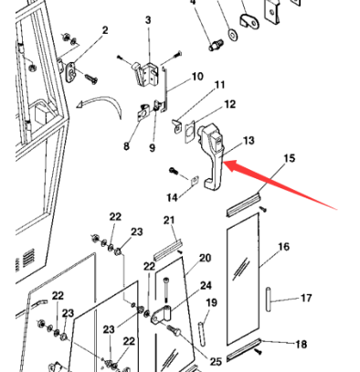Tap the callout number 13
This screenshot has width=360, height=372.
pyautogui.click(x=249, y=140)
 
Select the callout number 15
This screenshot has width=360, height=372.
pyautogui.click(x=289, y=159)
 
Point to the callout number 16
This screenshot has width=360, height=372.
pyautogui.click(x=283, y=247)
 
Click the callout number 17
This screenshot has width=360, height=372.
pyautogui.click(x=306, y=298)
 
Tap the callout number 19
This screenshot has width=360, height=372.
pyautogui.click(x=211, y=303)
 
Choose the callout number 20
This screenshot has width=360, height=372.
pyautogui.click(x=205, y=259)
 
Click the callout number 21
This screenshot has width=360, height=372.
pyautogui.click(x=169, y=219)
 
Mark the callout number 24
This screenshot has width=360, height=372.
pyautogui.click(x=206, y=285)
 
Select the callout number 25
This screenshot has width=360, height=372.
pyautogui.click(x=216, y=360)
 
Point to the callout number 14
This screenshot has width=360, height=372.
pyautogui.click(x=172, y=197)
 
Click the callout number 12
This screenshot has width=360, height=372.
pyautogui.click(x=229, y=104)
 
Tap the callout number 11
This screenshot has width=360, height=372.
pyautogui.click(x=219, y=85)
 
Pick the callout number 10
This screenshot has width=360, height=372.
pyautogui.click(x=197, y=76)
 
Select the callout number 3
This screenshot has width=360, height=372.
pyautogui.click(x=149, y=19)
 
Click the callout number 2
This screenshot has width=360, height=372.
pyautogui.click(x=104, y=30)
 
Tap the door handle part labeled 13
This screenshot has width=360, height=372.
pyautogui.click(x=213, y=155)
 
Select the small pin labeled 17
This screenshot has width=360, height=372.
pyautogui.click(x=270, y=299)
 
